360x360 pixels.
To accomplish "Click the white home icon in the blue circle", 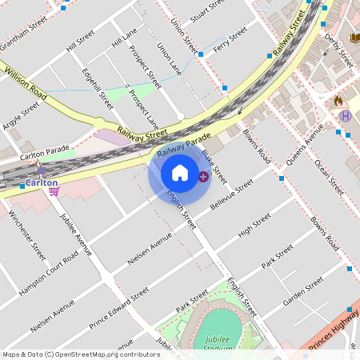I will point(180,173).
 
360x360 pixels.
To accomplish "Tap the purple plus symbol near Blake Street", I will point(203,176).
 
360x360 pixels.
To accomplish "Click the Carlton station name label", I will point(40,182).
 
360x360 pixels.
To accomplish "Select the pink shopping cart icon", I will point(54,191).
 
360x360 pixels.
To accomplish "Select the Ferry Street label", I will point(230,36).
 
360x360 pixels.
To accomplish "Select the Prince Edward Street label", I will point(118,308).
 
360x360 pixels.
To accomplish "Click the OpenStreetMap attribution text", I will point(81,354).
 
